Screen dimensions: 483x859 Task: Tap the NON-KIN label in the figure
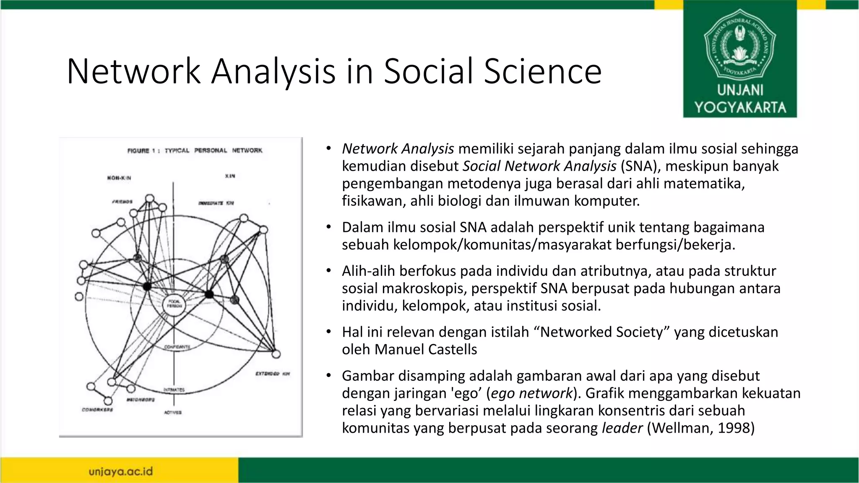(x=119, y=178)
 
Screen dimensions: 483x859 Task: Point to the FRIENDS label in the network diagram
(x=122, y=202)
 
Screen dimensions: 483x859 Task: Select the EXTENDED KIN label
(x=273, y=374)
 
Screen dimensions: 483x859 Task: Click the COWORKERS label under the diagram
(x=97, y=410)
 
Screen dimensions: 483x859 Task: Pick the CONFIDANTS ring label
(x=177, y=347)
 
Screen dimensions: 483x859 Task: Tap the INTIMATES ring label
(x=174, y=390)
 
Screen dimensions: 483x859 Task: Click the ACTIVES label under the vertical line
(x=173, y=413)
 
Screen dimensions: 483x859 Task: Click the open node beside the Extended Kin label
(x=276, y=355)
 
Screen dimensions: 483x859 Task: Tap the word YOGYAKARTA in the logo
(x=740, y=107)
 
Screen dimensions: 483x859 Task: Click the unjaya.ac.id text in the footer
(x=121, y=472)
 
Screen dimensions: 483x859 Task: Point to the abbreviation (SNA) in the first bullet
(x=639, y=166)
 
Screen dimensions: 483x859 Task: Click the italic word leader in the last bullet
(x=622, y=428)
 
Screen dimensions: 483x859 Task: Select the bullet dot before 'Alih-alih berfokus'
(x=329, y=271)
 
